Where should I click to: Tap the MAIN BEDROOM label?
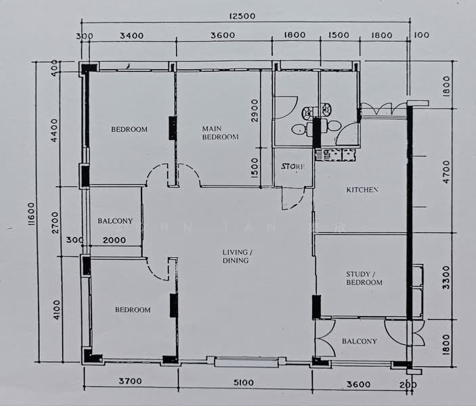pos(220,132)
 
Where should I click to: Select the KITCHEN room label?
pos(362,190)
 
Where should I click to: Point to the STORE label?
pos(293,166)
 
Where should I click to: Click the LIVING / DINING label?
pos(236,256)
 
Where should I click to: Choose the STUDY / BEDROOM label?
pos(364,278)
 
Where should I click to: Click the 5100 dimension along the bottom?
pos(244,382)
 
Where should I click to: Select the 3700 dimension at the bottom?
pos(130,382)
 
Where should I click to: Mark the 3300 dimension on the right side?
pos(446,277)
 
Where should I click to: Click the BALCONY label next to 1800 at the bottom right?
pos(359,341)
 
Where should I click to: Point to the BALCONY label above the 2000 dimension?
pos(115,221)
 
